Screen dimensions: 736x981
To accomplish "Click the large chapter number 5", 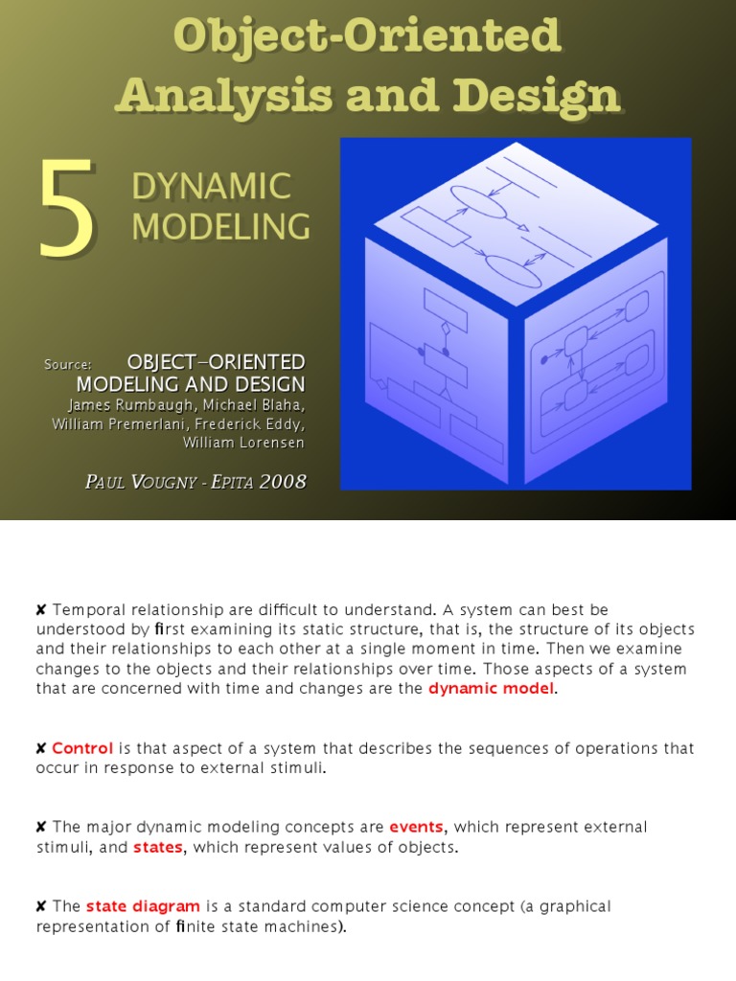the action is tap(67, 209).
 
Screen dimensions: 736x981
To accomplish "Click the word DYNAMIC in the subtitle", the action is tap(211, 186).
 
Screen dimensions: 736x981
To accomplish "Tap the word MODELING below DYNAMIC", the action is tap(220, 226).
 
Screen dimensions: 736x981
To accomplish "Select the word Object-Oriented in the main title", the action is tap(367, 36).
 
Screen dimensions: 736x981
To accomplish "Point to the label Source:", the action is tap(67, 364).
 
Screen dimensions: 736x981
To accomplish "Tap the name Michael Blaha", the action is tap(256, 404).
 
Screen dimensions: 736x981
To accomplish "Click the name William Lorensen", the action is tap(244, 443).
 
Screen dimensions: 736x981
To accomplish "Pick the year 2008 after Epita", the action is tap(281, 481).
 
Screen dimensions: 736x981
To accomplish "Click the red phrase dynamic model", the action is tap(491, 689).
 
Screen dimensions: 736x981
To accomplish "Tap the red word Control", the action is tap(82, 748).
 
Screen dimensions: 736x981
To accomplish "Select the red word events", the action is tap(416, 827).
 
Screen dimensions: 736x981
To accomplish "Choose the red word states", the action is tap(157, 847).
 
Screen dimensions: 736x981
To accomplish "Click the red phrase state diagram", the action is tap(143, 906).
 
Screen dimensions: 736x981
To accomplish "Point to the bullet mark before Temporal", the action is tap(41, 610).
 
